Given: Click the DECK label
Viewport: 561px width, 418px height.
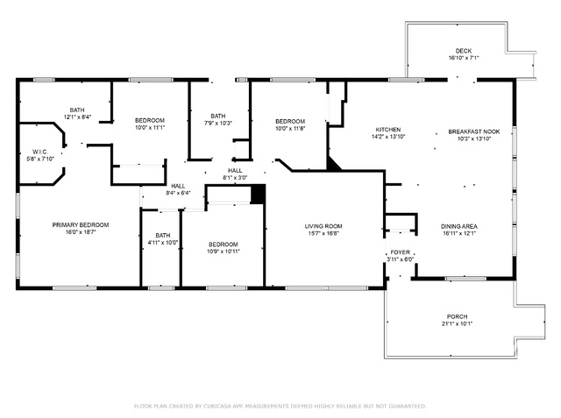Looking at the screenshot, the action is click(464, 51).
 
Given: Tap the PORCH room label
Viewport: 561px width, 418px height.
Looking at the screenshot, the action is click(457, 316).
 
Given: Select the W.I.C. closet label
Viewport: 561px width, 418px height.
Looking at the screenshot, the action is click(39, 152).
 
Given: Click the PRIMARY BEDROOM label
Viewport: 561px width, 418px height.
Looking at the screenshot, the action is click(81, 225).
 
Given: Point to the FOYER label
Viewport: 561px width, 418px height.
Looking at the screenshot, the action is click(400, 252).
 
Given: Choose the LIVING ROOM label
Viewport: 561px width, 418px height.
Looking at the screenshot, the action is click(323, 226).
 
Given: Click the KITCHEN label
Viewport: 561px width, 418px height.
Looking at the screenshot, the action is click(388, 130).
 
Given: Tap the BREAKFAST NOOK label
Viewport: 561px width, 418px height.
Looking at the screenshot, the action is click(474, 131).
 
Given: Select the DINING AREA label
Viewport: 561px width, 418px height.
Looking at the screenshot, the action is click(459, 226).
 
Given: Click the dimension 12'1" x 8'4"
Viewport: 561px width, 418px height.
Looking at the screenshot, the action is click(77, 117).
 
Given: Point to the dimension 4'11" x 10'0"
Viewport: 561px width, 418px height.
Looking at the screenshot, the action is click(163, 243).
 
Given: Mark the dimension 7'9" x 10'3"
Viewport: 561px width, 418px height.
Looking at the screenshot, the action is click(218, 123).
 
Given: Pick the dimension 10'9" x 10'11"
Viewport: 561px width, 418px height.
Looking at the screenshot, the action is click(224, 252).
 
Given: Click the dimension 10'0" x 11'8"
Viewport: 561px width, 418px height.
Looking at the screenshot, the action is click(290, 128).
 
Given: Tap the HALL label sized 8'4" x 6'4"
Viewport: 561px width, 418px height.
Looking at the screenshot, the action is click(178, 186).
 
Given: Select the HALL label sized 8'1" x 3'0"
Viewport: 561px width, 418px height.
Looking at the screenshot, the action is click(235, 171).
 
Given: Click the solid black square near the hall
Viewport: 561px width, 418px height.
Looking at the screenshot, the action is click(258, 195).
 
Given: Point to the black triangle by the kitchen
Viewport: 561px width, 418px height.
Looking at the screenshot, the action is click(333, 164).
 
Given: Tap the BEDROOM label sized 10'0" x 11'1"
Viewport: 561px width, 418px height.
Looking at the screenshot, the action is click(150, 121).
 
